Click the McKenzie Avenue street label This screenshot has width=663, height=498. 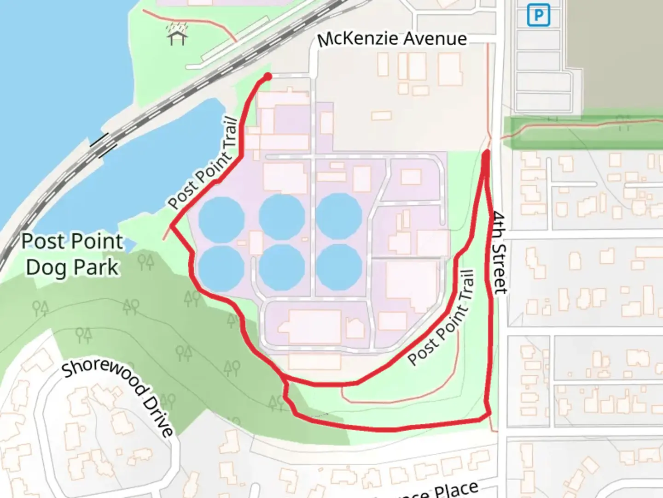tap(392, 39)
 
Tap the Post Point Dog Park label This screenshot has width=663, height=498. tap(72, 254)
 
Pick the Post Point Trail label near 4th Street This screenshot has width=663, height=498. tap(441, 318)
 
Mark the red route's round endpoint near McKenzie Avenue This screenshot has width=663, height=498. tap(267, 77)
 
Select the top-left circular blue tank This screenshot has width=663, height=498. tap(221, 217)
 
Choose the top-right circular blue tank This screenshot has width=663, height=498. tap(339, 216)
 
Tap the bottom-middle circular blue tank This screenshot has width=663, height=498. tap(281, 267)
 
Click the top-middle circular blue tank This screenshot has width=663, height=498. tap(281, 216)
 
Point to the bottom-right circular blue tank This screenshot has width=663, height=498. tap(339, 267)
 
